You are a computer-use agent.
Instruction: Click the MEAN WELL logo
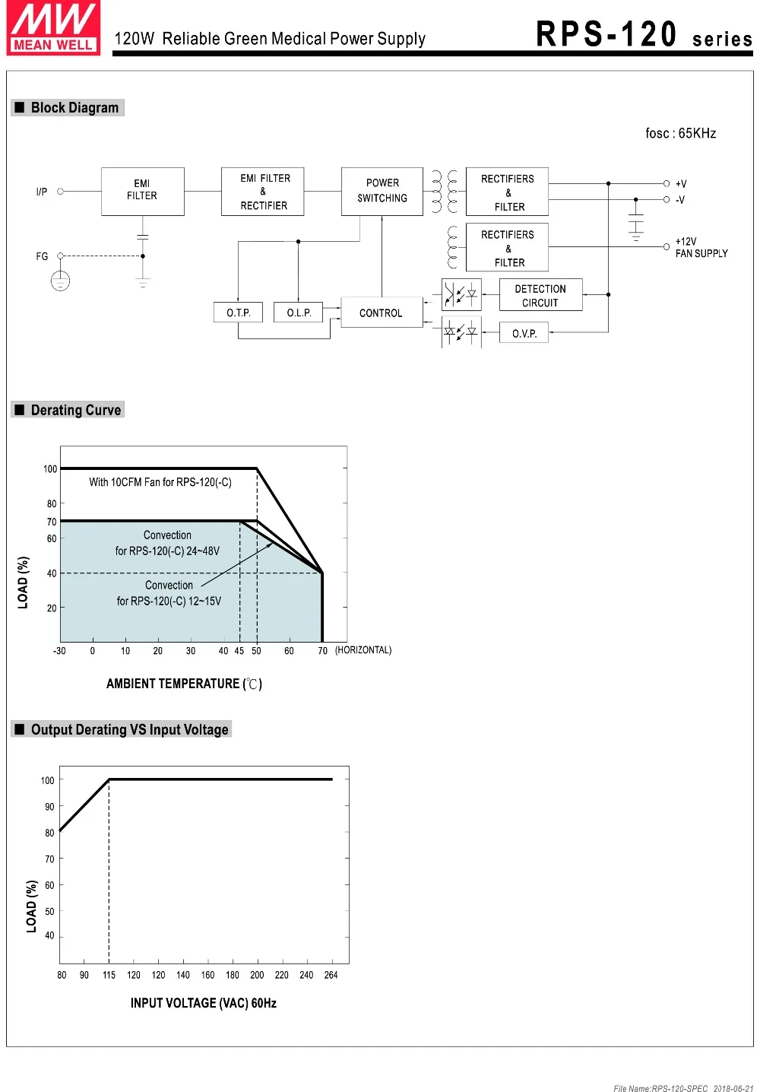pos(53,29)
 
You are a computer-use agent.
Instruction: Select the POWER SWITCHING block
pos(382,191)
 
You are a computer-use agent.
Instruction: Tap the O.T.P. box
pos(239,313)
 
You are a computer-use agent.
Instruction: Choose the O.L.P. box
pos(299,313)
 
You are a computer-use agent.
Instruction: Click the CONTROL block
pos(381,313)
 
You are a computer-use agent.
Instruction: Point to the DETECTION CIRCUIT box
pos(540,295)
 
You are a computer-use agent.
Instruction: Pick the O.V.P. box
pos(524,333)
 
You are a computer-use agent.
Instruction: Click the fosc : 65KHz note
pos(680,133)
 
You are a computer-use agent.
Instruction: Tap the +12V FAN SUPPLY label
pos(701,247)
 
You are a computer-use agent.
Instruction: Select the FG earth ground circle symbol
pos(61,281)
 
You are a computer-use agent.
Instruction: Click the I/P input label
pos(42,192)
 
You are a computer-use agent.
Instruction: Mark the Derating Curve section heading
pos(75,410)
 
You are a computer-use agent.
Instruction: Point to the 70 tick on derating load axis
pos(52,522)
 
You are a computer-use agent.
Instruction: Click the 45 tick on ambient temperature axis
pos(239,651)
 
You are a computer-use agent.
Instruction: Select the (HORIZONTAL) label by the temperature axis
pos(363,650)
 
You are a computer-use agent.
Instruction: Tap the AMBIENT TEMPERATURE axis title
pos(184,684)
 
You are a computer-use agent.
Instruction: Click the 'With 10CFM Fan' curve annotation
pos(160,482)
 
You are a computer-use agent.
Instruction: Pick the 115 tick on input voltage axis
pos(109,975)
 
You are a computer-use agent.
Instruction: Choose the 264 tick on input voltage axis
pos(331,975)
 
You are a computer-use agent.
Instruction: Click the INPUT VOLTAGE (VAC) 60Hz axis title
pos(204,1003)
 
